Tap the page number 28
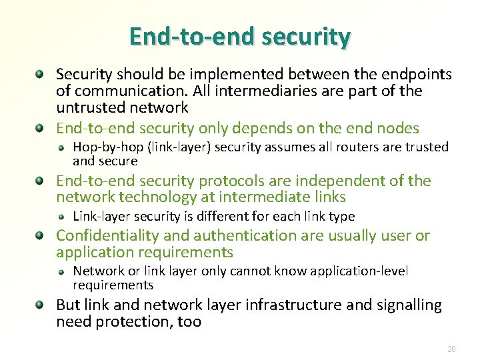pos(451,349)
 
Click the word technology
pos(150,197)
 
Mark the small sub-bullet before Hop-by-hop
pos(61,147)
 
